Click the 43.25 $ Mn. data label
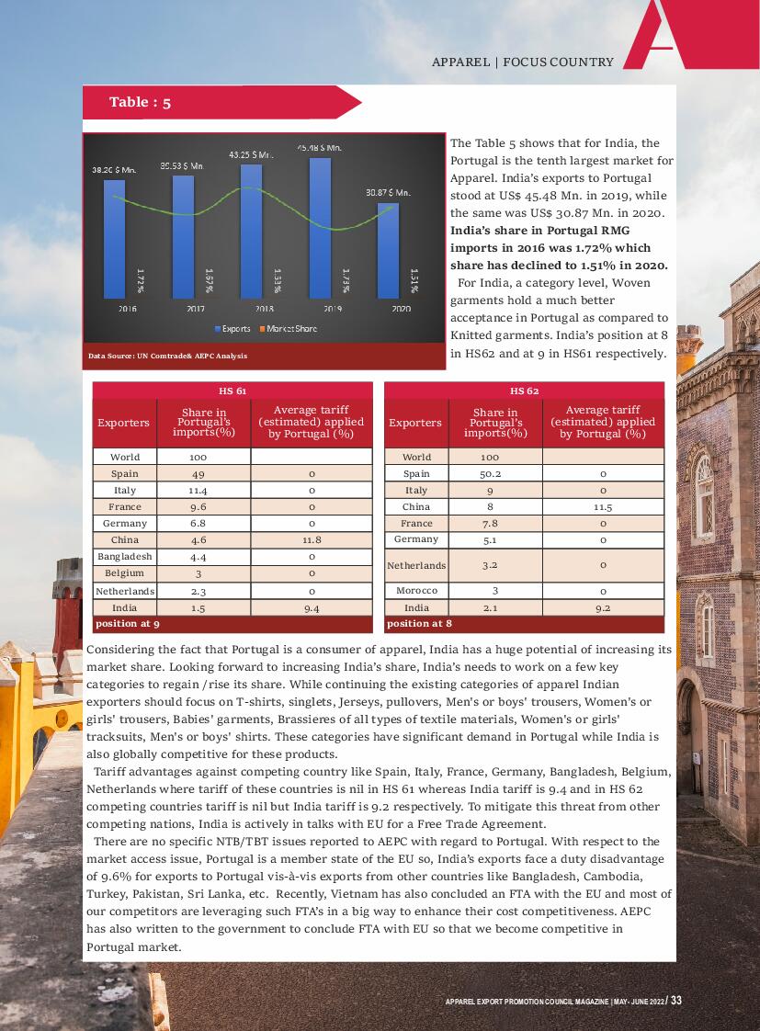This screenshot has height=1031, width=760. [x=251, y=154]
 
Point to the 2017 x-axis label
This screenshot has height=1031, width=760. [x=196, y=310]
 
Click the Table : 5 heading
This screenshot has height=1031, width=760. [x=140, y=102]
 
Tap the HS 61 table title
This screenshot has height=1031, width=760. [x=233, y=391]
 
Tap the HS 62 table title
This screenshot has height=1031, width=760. [x=524, y=391]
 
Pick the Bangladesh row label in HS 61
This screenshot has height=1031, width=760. [x=125, y=557]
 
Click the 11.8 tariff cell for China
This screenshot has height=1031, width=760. [x=312, y=540]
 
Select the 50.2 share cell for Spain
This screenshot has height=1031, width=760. [x=490, y=474]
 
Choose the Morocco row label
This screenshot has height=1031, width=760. [x=416, y=591]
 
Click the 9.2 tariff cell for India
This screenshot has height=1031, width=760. [x=603, y=607]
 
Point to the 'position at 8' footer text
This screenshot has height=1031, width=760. [x=419, y=624]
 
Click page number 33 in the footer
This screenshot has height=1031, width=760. [x=675, y=1001]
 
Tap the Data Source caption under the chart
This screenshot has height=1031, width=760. [x=167, y=356]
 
